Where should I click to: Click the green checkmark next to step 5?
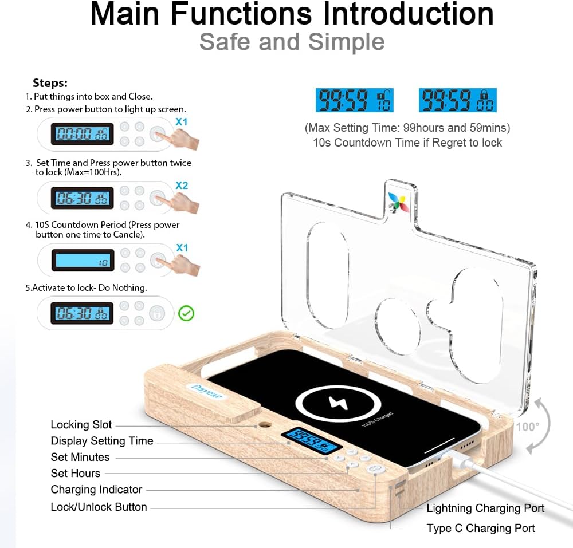[187, 313]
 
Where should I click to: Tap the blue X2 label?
[182, 186]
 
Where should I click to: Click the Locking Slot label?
[81, 425]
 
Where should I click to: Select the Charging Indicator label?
[96, 490]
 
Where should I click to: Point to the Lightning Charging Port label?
[485, 508]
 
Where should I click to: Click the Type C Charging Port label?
[481, 529]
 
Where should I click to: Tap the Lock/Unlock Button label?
[99, 507]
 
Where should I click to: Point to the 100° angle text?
[527, 427]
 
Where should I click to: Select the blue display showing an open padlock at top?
[355, 101]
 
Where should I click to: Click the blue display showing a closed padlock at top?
[457, 101]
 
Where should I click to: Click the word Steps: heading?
[50, 83]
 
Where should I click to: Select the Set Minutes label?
[80, 457]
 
